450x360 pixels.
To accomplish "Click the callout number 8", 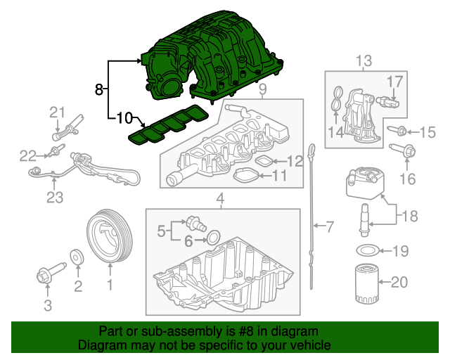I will tap(99, 89).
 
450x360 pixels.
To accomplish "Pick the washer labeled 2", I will tap(77, 259).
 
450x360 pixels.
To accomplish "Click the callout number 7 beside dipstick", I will tap(330, 226).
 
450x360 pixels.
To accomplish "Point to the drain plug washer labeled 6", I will tap(214, 233).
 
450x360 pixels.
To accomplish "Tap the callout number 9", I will tap(262, 89).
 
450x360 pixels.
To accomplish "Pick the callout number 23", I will tap(55, 198).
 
